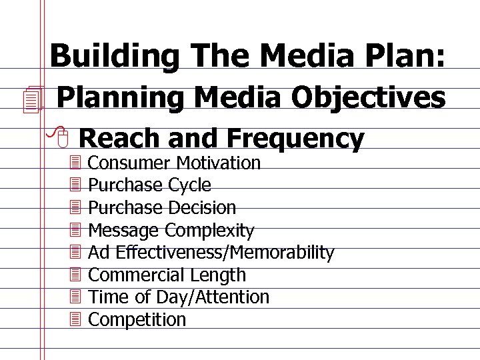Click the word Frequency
[295, 138]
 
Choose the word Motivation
[219, 163]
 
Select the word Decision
[202, 207]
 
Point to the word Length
[218, 275]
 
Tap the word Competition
[137, 319]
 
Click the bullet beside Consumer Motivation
[75, 163]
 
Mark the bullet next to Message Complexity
[75, 230]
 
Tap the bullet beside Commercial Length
[75, 275]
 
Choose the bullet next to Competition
[75, 319]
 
